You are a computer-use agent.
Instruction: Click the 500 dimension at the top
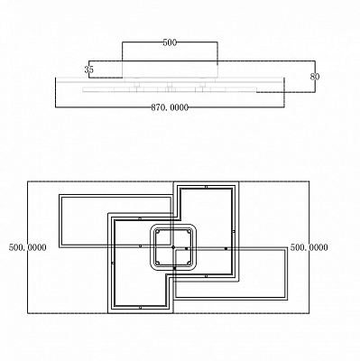click(170, 42)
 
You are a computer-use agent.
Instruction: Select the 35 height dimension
click(89, 69)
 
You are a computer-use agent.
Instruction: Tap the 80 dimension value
click(315, 77)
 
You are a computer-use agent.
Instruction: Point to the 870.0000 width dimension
click(170, 107)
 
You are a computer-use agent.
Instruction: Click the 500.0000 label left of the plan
click(28, 247)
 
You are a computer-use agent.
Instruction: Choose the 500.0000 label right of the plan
click(309, 247)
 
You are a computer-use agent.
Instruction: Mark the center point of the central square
click(173, 247)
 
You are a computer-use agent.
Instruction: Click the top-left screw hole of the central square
click(157, 232)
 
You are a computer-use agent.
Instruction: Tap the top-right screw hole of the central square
click(189, 232)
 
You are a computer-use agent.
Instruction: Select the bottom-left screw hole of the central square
click(157, 263)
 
